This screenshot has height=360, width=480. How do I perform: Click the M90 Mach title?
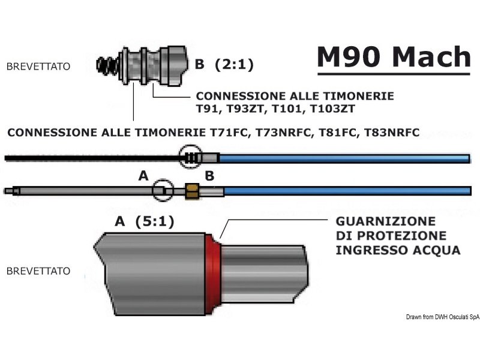394,57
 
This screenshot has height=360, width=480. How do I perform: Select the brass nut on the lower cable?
192,191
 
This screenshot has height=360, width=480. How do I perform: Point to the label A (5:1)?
145,222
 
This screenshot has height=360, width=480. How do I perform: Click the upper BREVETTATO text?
38,67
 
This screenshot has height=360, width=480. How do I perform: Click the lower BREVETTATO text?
38,271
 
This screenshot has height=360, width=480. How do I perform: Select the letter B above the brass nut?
209,176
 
